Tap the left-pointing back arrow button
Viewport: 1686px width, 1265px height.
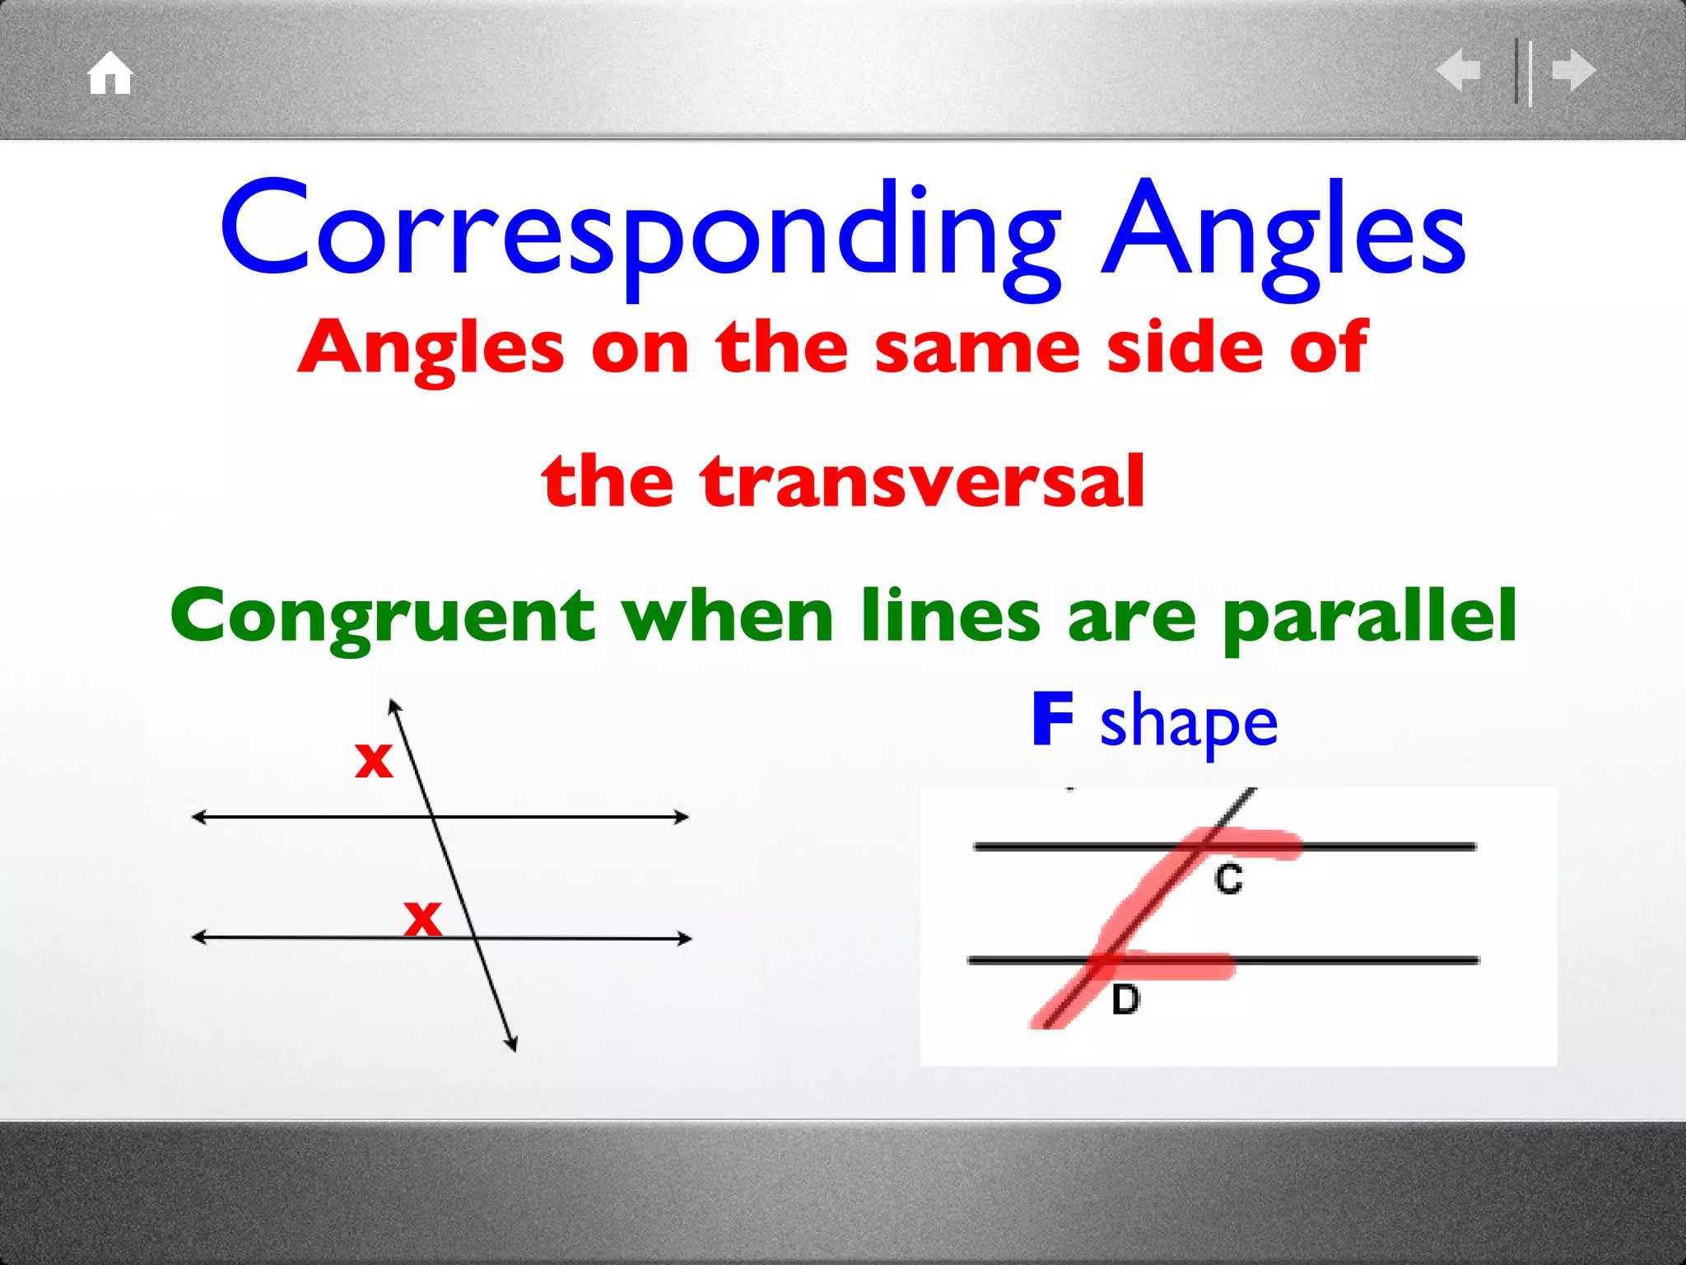point(1459,70)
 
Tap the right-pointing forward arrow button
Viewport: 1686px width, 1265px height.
point(1574,70)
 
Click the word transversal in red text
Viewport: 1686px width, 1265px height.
point(922,481)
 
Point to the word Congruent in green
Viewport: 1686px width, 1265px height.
point(382,616)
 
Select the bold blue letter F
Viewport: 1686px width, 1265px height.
point(1053,719)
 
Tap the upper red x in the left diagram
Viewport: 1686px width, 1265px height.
point(373,759)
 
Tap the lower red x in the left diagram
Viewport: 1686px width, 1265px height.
point(422,917)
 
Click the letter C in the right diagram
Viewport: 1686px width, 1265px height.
point(1228,880)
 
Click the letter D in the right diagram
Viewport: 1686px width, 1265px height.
point(1125,1000)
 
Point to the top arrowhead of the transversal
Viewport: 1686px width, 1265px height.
point(394,705)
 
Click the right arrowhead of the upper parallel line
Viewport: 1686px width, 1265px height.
point(682,817)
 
